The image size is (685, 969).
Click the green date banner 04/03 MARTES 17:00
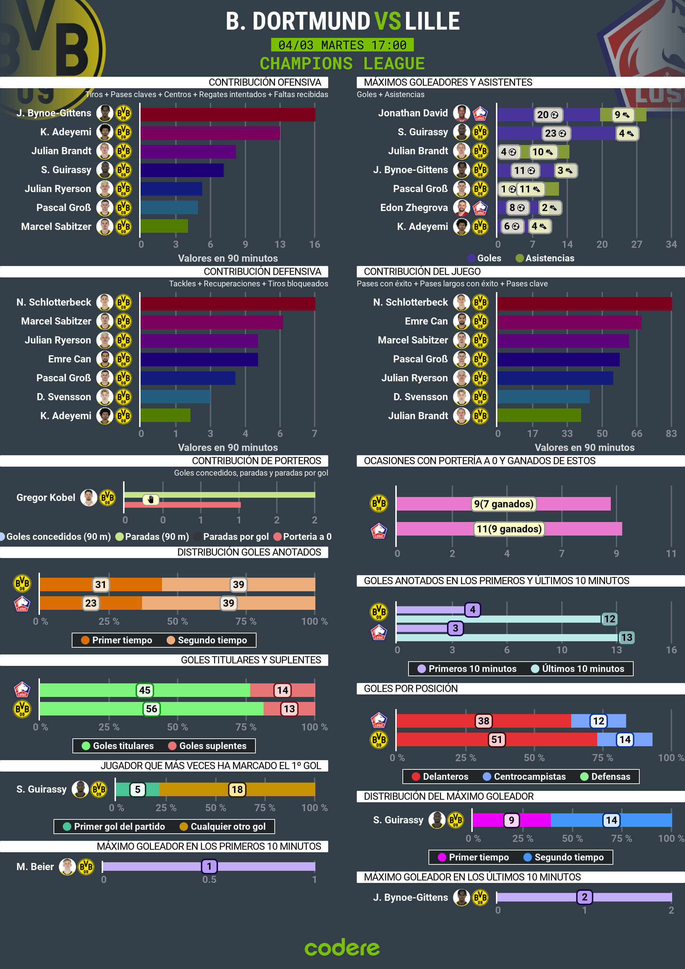click(x=342, y=45)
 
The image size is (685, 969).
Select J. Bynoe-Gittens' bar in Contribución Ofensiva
click(x=228, y=114)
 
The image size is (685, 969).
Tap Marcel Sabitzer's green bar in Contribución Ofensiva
click(x=164, y=226)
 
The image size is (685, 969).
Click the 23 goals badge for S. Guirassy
click(x=555, y=134)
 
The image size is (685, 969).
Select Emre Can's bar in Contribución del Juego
click(x=569, y=322)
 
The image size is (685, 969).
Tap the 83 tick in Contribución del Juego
click(x=671, y=433)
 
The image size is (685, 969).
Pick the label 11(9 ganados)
click(x=509, y=529)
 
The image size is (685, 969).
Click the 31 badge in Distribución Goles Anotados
click(x=100, y=584)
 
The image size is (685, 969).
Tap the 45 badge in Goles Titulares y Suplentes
click(x=145, y=690)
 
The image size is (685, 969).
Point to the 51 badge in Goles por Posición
click(x=497, y=739)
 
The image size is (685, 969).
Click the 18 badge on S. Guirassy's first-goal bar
click(x=237, y=790)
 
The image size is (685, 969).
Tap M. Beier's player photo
click(x=67, y=867)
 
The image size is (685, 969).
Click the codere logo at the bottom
click(x=342, y=947)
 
